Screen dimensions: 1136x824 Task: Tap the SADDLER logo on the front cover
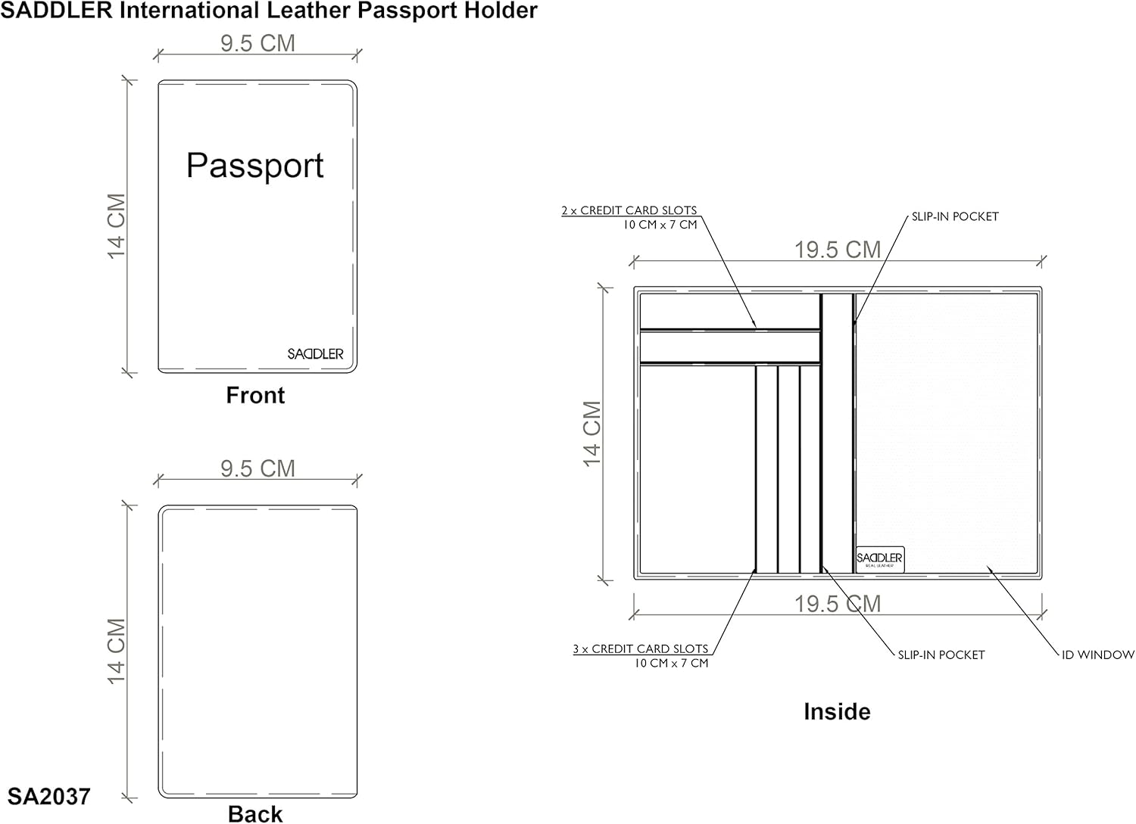click(x=315, y=354)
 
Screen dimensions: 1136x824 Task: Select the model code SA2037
click(x=49, y=796)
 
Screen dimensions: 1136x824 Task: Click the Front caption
click(x=255, y=395)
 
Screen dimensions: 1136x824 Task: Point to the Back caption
click(x=255, y=813)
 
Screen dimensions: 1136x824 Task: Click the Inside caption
click(x=837, y=711)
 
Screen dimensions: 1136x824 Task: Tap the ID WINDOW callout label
click(x=1097, y=655)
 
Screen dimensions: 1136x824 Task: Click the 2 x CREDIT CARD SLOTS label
click(x=629, y=210)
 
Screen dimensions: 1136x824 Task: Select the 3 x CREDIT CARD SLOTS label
click(x=640, y=648)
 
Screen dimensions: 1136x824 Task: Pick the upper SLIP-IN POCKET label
click(x=954, y=216)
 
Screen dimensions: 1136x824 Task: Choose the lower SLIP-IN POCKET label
click(x=941, y=655)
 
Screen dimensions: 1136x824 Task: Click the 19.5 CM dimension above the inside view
click(x=837, y=250)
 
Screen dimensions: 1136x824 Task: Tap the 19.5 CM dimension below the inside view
click(x=837, y=604)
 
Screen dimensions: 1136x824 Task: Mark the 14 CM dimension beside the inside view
click(x=592, y=434)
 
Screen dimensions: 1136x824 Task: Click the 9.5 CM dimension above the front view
click(x=257, y=43)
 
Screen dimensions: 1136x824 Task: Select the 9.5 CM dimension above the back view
click(x=257, y=468)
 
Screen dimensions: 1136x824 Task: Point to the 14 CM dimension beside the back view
click(x=116, y=651)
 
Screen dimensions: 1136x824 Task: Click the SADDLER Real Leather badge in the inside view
click(x=879, y=559)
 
